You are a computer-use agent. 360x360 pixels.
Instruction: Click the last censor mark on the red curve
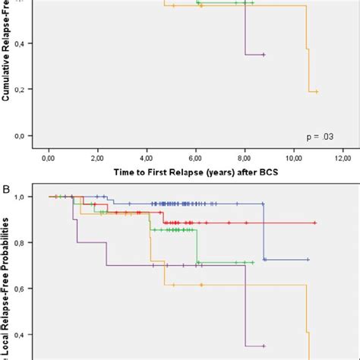[x=314, y=223]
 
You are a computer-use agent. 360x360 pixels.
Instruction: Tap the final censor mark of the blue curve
[x=308, y=260]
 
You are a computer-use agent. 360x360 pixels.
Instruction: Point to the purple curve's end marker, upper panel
[x=263, y=55]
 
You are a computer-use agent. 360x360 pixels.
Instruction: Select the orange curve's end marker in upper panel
[x=316, y=92]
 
